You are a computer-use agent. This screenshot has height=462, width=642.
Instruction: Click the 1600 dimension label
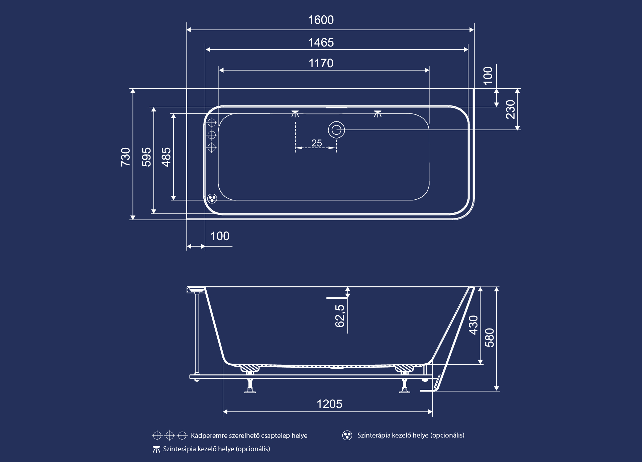point(321,20)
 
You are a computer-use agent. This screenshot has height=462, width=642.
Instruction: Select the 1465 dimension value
point(321,42)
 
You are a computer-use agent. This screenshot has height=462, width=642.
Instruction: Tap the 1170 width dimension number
point(321,63)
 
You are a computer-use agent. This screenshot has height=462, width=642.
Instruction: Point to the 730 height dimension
point(125,157)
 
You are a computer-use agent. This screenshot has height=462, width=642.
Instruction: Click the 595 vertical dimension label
point(146,157)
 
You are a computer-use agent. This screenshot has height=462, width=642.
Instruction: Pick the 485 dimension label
point(166,157)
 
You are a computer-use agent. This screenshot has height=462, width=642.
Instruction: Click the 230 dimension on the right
point(510,109)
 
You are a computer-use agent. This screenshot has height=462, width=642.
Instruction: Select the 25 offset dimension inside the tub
point(317,143)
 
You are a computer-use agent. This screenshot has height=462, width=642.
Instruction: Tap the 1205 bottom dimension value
point(329,404)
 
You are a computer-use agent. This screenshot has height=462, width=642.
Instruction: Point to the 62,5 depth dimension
point(340,316)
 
